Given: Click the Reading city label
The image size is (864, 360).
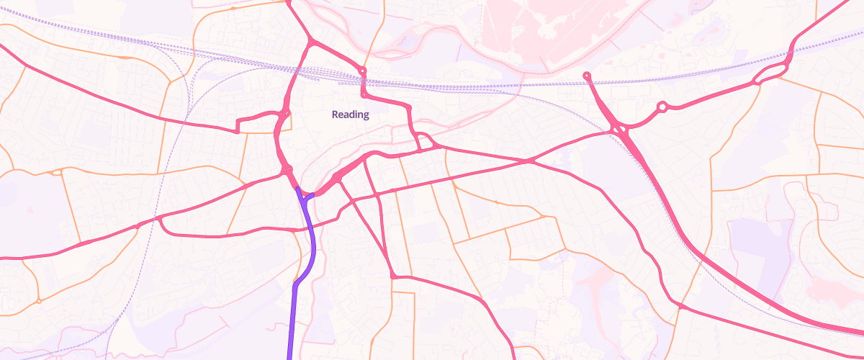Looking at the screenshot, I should tap(350, 114).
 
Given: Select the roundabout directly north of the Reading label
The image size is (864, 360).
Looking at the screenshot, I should tap(363, 71).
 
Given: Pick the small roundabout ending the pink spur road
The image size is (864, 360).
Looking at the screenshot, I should tap(587, 75).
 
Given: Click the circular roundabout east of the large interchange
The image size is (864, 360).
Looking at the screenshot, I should tap(662, 107).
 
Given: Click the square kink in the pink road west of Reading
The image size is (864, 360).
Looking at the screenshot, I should tap(238, 130).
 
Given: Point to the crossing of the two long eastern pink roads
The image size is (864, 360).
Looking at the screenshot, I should tap(529, 161).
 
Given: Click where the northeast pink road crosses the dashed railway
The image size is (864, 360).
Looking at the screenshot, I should tap(790, 52).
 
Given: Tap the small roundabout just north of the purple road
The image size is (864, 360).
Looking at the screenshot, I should tap(288, 170).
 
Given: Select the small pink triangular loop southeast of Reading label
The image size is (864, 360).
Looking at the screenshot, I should tap(425, 141).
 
